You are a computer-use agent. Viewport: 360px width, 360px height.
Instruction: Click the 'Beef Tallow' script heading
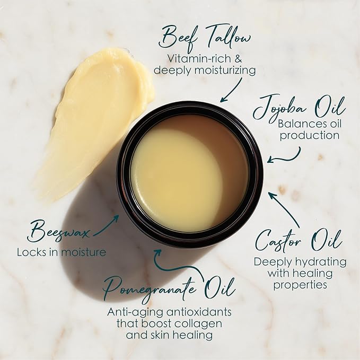(205, 38)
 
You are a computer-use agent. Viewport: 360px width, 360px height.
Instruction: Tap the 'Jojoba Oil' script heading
(299, 108)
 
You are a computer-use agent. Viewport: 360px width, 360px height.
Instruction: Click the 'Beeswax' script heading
(58, 231)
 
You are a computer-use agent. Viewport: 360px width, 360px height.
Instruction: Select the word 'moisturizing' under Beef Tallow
(225, 71)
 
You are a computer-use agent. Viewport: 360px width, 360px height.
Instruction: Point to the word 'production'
(310, 135)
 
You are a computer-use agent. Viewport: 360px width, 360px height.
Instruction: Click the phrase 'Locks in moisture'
(62, 252)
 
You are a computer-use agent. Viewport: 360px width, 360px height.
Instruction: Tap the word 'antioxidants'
(199, 312)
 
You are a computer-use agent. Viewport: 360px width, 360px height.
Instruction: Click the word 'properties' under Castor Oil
(300, 285)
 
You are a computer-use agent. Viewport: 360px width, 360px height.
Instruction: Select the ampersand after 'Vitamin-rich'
(238, 59)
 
